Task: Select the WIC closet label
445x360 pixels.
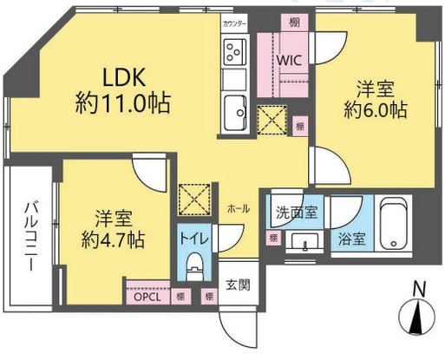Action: click(x=289, y=60)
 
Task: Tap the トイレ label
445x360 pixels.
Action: click(x=193, y=236)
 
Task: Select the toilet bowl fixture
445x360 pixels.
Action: click(x=193, y=264)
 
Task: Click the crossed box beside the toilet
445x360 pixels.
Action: click(x=192, y=199)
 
